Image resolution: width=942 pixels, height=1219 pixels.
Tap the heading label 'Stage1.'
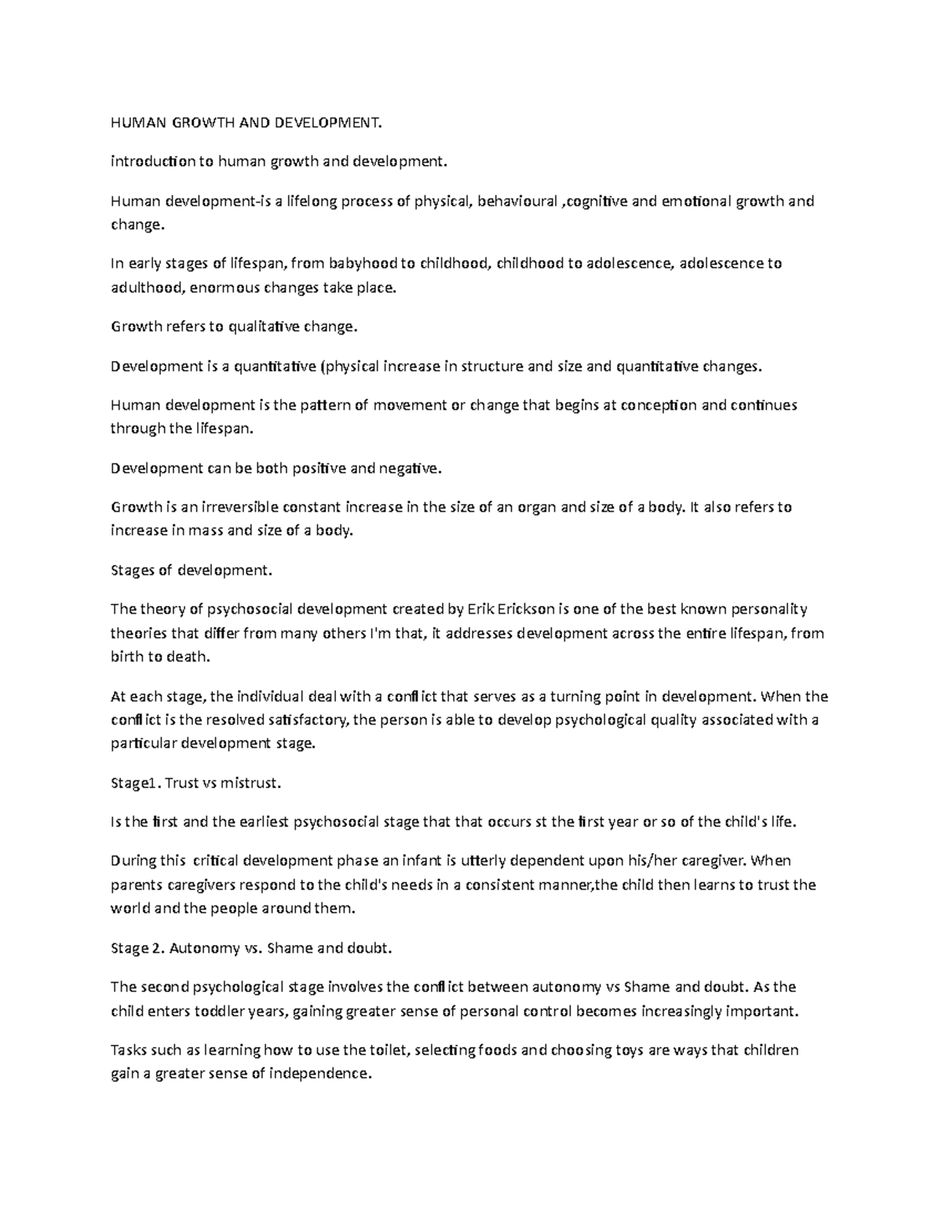tap(136, 783)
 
